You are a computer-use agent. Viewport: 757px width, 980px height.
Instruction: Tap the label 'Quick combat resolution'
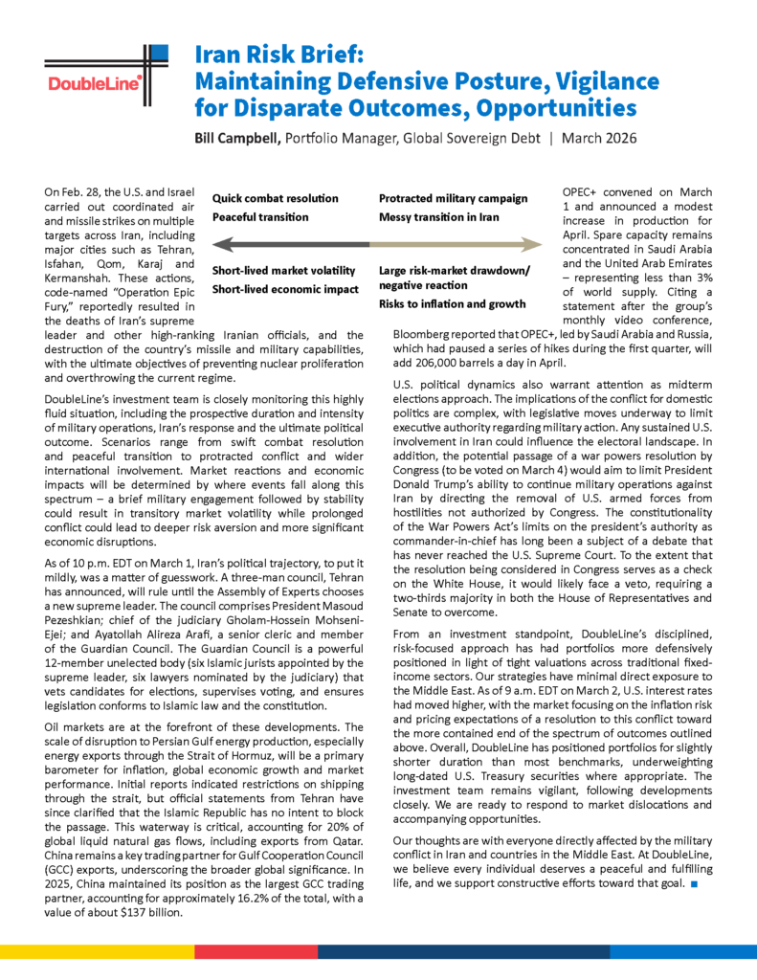tap(275, 198)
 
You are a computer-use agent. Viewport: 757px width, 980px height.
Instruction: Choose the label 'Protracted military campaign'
tap(453, 198)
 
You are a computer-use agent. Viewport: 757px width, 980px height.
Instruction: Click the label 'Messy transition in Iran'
tap(439, 217)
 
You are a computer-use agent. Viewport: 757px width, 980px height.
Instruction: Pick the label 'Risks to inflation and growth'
tap(452, 303)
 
